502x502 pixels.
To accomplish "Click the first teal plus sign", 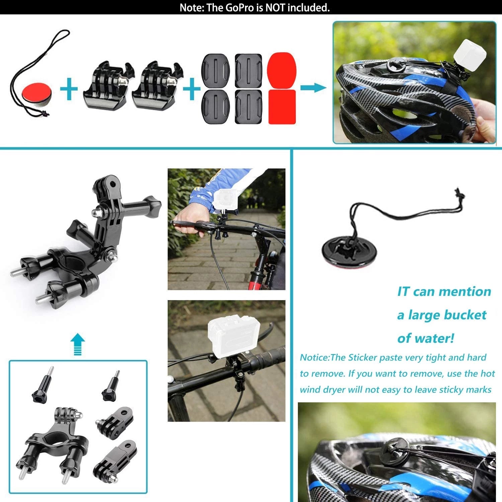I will (x=69, y=89).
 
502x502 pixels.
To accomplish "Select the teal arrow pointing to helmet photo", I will (x=313, y=88).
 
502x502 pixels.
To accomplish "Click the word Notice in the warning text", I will (x=314, y=357).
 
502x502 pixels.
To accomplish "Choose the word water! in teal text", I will (x=436, y=338).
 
